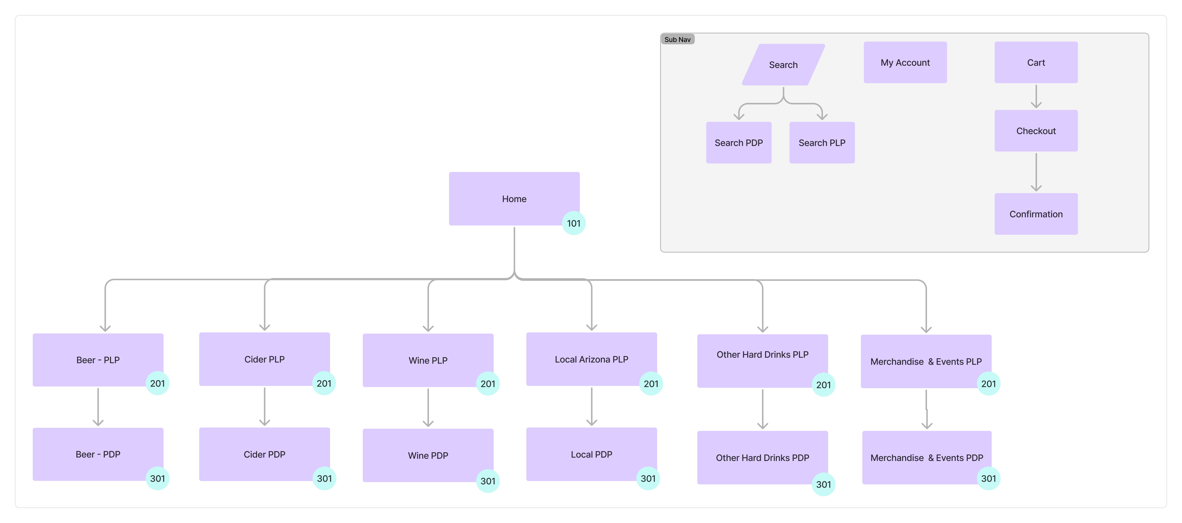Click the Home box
[x=514, y=199]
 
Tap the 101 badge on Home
[x=574, y=223]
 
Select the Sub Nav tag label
[x=677, y=39]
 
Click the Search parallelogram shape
[x=783, y=65]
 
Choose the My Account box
[x=905, y=62]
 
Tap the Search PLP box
[x=822, y=143]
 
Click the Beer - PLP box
[x=98, y=360]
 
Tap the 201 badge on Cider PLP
[x=324, y=383]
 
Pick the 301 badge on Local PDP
[x=648, y=479]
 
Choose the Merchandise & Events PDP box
[x=926, y=457]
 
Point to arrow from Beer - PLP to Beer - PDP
[x=98, y=407]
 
